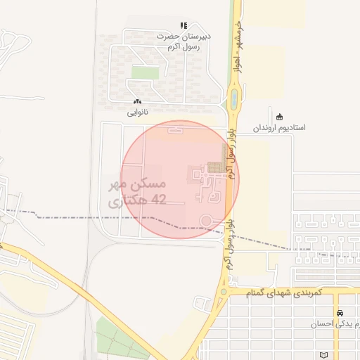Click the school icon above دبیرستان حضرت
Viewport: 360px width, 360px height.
pyautogui.click(x=184, y=25)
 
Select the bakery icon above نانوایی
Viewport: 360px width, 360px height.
pyautogui.click(x=137, y=103)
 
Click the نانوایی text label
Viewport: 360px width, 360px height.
pyautogui.click(x=137, y=112)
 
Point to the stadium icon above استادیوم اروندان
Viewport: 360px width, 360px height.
pyautogui.click(x=280, y=117)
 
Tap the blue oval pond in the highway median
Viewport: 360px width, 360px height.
pyautogui.click(x=233, y=101)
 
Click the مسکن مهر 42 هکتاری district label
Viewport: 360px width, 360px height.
pyautogui.click(x=137, y=193)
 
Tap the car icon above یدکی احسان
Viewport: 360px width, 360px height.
pyautogui.click(x=340, y=313)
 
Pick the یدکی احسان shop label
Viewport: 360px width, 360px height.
pyautogui.click(x=337, y=323)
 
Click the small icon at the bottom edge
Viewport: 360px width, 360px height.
pyautogui.click(x=323, y=355)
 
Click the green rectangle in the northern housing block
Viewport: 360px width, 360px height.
pyautogui.click(x=146, y=72)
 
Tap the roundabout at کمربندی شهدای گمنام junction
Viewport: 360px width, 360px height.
pyautogui.click(x=224, y=290)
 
